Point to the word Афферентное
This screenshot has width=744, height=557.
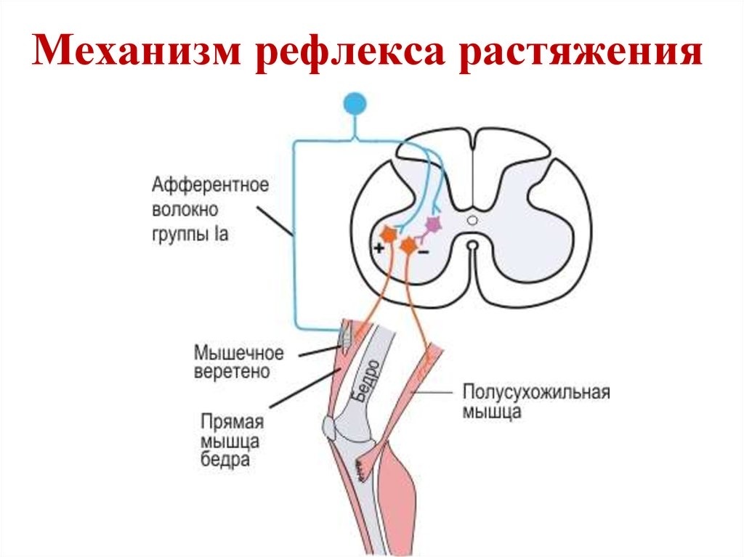[x=210, y=184]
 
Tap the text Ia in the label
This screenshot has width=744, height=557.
[x=222, y=235]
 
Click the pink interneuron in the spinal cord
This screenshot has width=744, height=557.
[x=433, y=225]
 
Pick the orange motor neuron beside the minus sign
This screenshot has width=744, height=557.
[x=409, y=246]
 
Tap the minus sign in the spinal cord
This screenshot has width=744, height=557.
[x=423, y=252]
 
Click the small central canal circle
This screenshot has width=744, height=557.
[x=472, y=219]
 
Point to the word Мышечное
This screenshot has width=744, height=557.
[x=238, y=354]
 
